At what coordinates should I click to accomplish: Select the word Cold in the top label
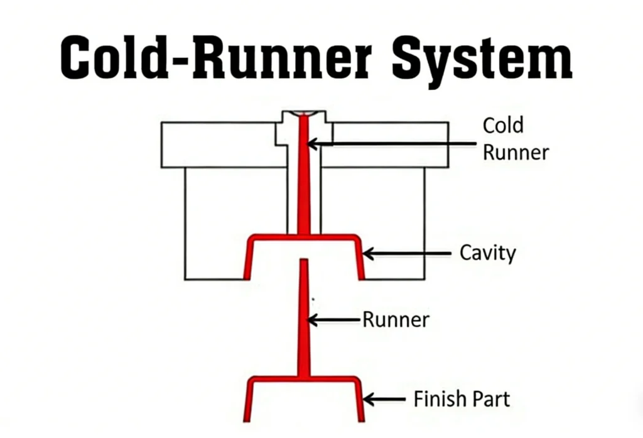[502, 125]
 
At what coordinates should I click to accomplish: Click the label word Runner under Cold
[516, 152]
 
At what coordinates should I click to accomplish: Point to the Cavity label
[487, 253]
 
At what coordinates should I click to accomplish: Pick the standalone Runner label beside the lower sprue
[396, 320]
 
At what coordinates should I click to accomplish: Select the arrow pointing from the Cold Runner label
[389, 144]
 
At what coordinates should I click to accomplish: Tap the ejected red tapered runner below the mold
[304, 327]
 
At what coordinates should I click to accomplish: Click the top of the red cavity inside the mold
[304, 238]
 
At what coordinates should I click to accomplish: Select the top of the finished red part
[304, 380]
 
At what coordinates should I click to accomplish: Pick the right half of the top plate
[389, 157]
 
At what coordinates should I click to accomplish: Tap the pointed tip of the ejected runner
[304, 261]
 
